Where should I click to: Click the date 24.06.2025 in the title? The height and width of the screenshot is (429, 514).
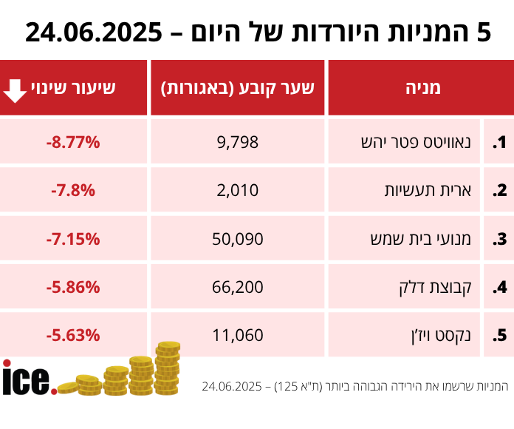point(95,33)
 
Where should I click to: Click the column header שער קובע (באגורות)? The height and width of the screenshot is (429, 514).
point(238,88)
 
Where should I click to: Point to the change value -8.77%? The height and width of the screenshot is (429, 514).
point(72,141)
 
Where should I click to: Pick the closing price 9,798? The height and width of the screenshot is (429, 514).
point(238,141)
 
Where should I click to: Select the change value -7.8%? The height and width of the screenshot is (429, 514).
point(72,190)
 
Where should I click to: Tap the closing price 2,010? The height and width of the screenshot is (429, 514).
point(238,190)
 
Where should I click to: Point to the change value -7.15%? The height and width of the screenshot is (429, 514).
point(72,238)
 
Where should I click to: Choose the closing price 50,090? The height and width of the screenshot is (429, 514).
point(238,238)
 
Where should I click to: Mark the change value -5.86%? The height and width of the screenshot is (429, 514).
point(72,286)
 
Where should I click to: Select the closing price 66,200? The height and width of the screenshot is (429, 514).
point(238,286)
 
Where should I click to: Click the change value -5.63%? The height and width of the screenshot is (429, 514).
point(72,335)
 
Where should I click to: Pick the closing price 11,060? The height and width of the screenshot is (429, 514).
point(238,335)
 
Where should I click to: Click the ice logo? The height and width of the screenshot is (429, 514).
point(27,378)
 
